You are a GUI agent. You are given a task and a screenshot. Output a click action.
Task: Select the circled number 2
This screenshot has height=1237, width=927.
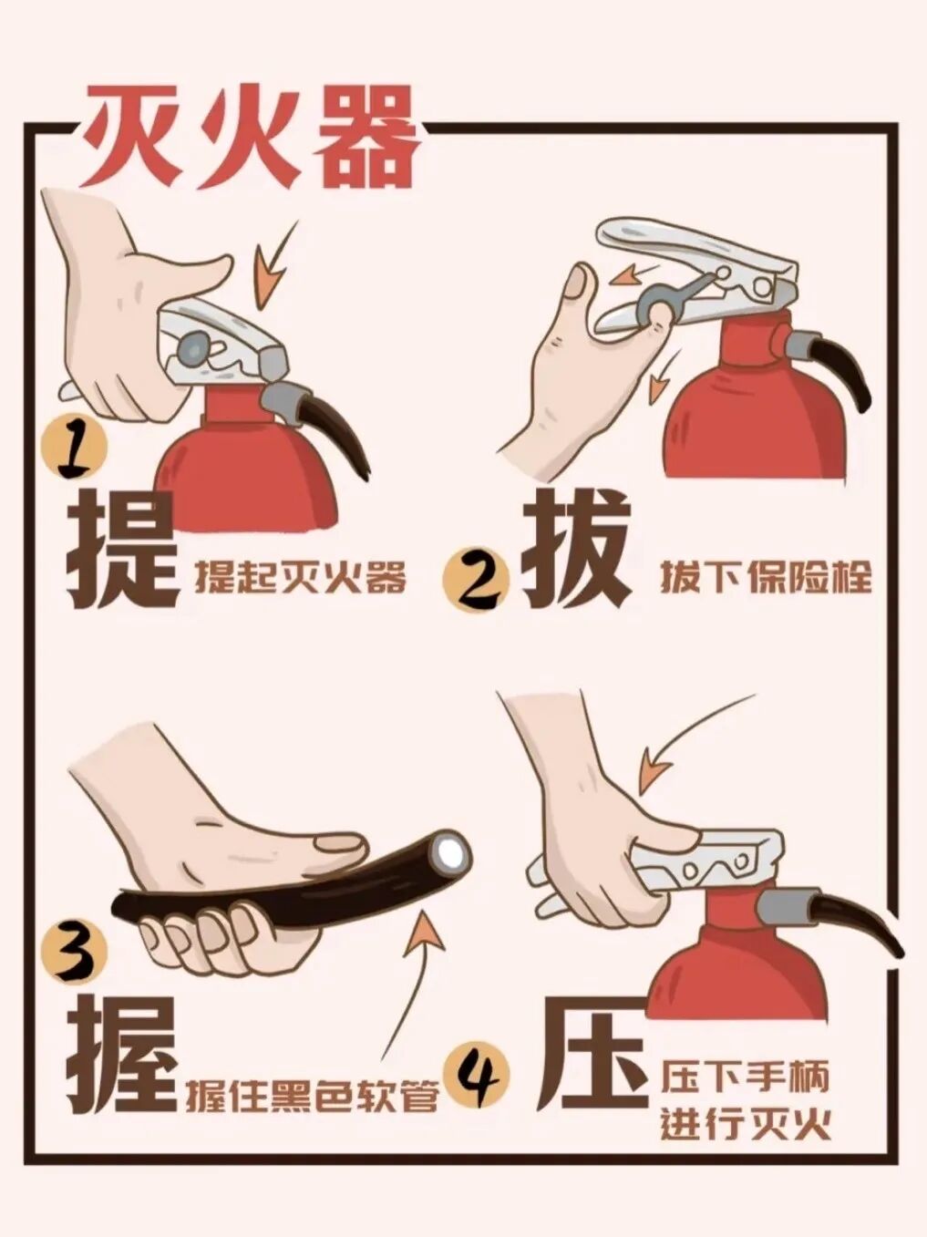coord(476,580)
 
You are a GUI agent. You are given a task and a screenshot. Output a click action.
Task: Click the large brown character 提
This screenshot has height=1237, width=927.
coord(122,550)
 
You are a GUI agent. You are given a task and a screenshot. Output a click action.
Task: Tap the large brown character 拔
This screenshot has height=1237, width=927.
coord(576,549)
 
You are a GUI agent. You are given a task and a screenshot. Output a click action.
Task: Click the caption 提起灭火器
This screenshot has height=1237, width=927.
coord(301,578)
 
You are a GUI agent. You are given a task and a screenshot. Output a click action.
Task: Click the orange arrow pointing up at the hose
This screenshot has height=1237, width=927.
coord(405,984)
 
